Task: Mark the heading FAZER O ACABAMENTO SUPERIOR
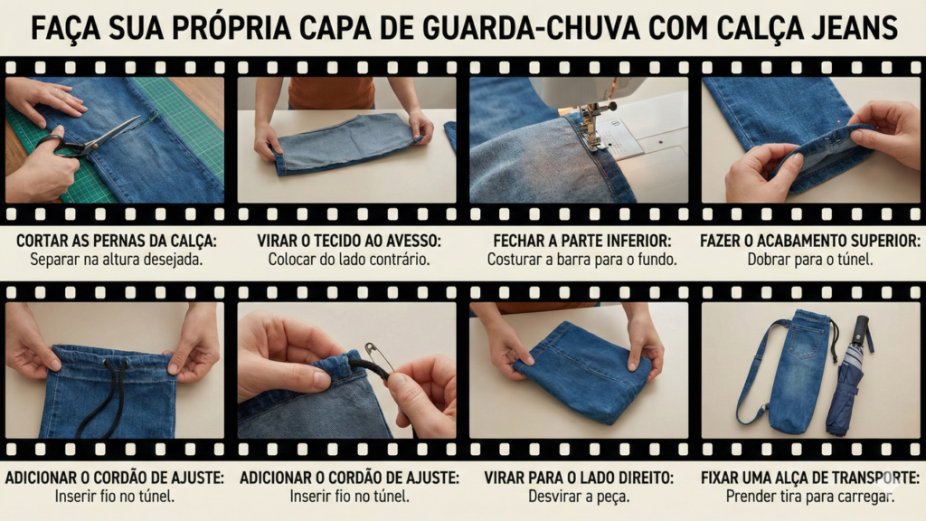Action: [x=810, y=242]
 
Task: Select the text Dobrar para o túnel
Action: [x=810, y=259]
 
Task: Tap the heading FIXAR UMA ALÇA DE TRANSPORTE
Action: [x=810, y=478]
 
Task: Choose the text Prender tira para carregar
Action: [x=810, y=496]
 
